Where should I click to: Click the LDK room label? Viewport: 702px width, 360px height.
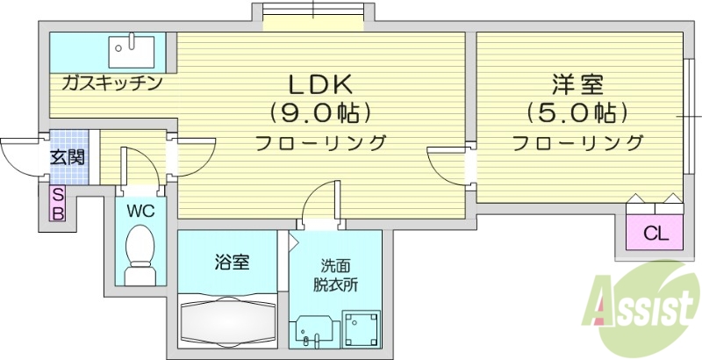[321, 85]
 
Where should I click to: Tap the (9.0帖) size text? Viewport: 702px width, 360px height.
[321, 113]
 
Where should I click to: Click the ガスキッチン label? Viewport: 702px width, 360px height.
[111, 83]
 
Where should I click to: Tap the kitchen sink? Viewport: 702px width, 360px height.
[132, 50]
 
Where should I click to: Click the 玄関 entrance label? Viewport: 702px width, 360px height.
[67, 158]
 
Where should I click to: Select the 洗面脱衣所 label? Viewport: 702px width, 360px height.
[335, 274]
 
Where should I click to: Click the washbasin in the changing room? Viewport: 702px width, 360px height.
[312, 330]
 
